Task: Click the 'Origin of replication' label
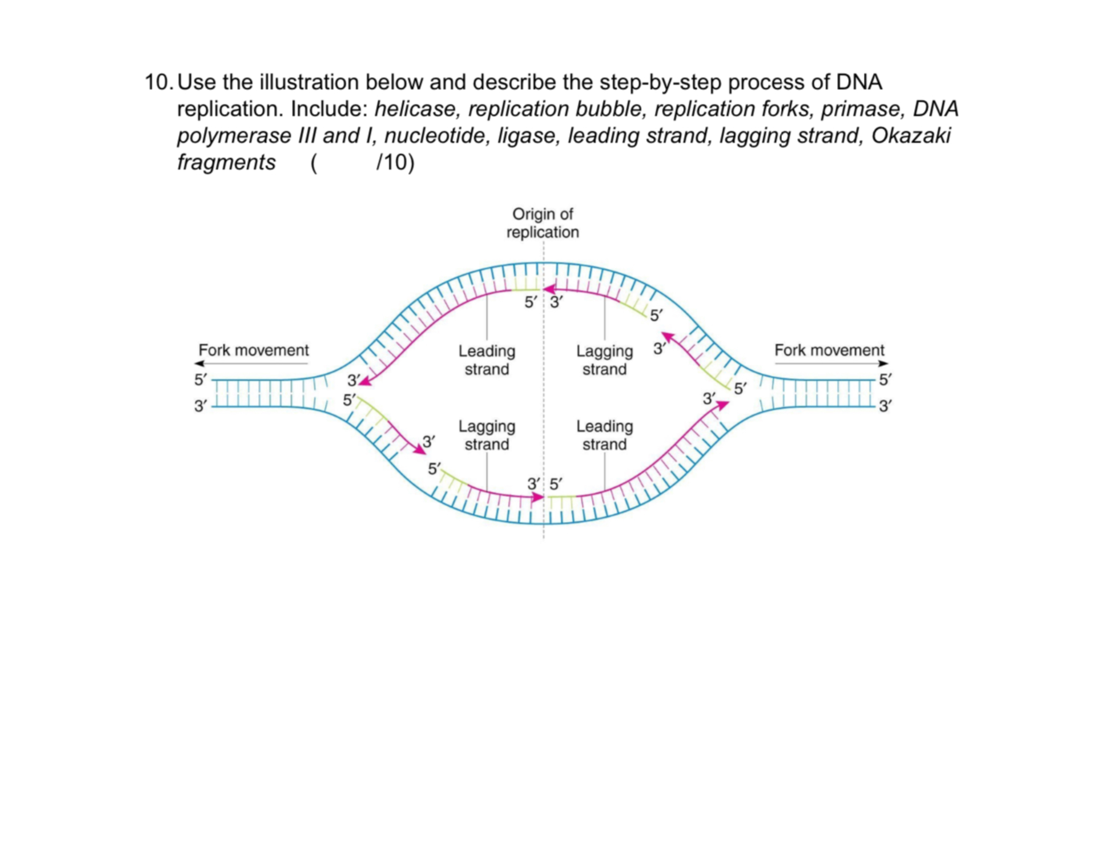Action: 542,223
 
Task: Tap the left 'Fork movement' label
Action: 254,350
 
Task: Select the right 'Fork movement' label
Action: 829,350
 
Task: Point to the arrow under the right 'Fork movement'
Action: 831,364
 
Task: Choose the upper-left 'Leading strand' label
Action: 487,360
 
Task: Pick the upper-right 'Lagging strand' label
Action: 604,360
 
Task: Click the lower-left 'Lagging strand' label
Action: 487,435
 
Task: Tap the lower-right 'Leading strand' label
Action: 604,435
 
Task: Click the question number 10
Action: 159,82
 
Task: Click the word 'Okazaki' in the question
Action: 910,135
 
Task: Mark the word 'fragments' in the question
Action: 226,162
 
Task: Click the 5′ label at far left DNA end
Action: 200,380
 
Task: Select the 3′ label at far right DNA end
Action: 885,406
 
